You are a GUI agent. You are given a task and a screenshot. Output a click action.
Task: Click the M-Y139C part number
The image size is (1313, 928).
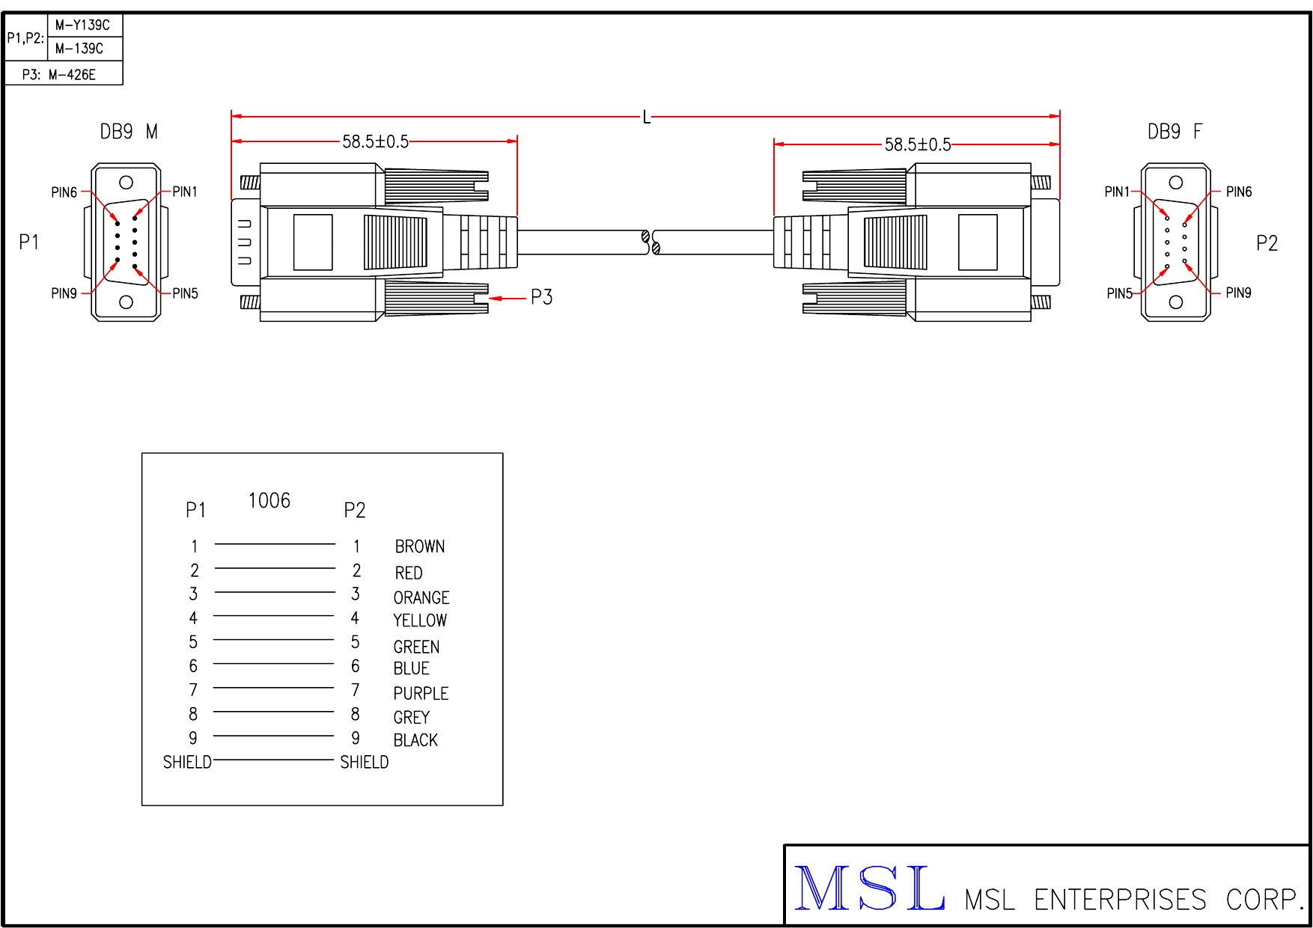click(82, 25)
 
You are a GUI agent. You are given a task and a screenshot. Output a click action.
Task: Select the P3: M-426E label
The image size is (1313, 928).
click(59, 74)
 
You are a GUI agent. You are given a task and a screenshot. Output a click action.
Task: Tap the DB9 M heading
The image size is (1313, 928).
click(129, 132)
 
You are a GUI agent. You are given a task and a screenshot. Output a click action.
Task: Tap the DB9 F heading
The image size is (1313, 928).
click(1175, 132)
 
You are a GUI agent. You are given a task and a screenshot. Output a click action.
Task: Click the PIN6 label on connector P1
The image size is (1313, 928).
click(64, 192)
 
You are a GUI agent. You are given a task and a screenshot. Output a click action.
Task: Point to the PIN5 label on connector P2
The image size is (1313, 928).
click(1119, 293)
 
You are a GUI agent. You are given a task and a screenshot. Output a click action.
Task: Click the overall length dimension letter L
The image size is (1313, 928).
click(647, 117)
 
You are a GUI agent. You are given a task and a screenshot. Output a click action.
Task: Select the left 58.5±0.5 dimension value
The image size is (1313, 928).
click(376, 141)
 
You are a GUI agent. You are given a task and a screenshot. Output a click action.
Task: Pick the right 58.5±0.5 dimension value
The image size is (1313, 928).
click(918, 144)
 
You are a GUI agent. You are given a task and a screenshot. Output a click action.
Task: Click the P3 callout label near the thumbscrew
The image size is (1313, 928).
click(541, 297)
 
